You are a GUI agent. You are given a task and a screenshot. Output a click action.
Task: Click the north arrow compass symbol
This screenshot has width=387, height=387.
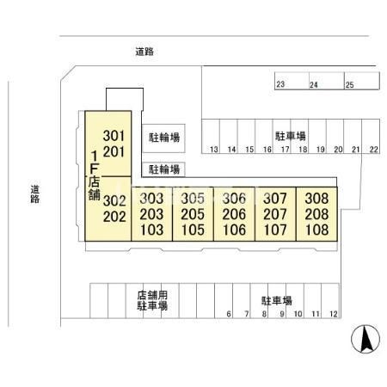coord(365,339)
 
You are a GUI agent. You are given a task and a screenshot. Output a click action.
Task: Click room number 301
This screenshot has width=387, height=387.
coord(114,136)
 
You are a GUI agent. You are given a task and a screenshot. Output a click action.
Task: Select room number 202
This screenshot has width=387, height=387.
coord(114,217)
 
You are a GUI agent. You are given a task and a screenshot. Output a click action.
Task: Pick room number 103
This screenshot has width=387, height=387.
coord(151,230)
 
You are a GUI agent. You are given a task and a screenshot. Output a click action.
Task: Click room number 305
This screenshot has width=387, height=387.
coord(193,199)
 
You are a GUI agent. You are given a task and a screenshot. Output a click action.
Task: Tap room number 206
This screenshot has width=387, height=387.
coord(234,214)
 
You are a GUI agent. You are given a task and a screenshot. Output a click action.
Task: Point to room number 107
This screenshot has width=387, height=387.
coord(275,230)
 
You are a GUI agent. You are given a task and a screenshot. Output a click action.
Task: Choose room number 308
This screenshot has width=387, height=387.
coord(316,199)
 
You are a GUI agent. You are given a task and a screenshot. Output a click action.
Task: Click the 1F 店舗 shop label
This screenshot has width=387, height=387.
coord(95,175)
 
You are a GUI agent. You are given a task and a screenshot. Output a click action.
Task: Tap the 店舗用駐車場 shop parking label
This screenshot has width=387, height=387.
coord(152,300)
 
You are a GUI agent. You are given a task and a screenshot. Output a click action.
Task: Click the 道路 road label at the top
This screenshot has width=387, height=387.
coord(144,52)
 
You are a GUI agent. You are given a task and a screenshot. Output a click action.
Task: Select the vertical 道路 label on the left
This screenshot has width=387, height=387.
coord(35,194)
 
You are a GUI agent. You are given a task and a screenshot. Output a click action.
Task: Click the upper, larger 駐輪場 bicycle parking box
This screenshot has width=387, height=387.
coord(163,138)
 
